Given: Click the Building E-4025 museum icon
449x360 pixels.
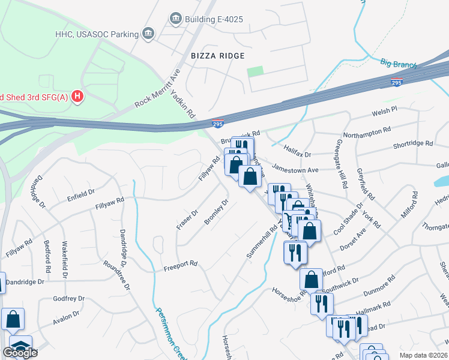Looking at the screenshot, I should [x=175, y=19].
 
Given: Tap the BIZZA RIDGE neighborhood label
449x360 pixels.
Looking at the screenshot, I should [x=218, y=56].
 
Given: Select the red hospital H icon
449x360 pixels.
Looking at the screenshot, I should [x=77, y=96].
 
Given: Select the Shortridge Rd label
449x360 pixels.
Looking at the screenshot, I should [x=412, y=143].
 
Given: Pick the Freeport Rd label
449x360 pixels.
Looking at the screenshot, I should [x=181, y=263].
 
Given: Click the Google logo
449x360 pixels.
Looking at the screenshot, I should [x=20, y=353].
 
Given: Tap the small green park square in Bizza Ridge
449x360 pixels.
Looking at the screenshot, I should [x=255, y=71].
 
